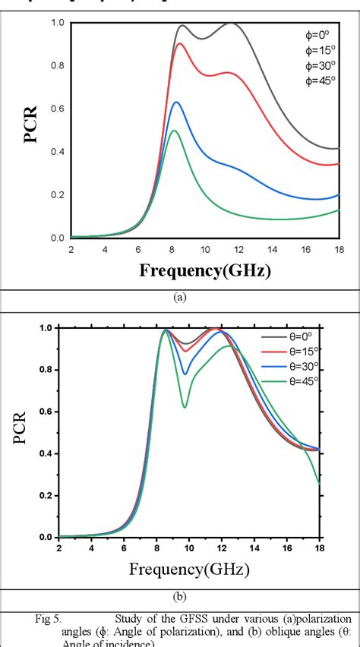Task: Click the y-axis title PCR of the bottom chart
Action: click(31, 431)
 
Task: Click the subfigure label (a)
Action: click(180, 298)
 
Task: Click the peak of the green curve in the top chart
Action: click(174, 131)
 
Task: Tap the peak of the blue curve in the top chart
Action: click(176, 102)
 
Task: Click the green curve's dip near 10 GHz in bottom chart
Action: click(185, 407)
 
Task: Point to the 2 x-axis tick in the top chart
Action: click(71, 248)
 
